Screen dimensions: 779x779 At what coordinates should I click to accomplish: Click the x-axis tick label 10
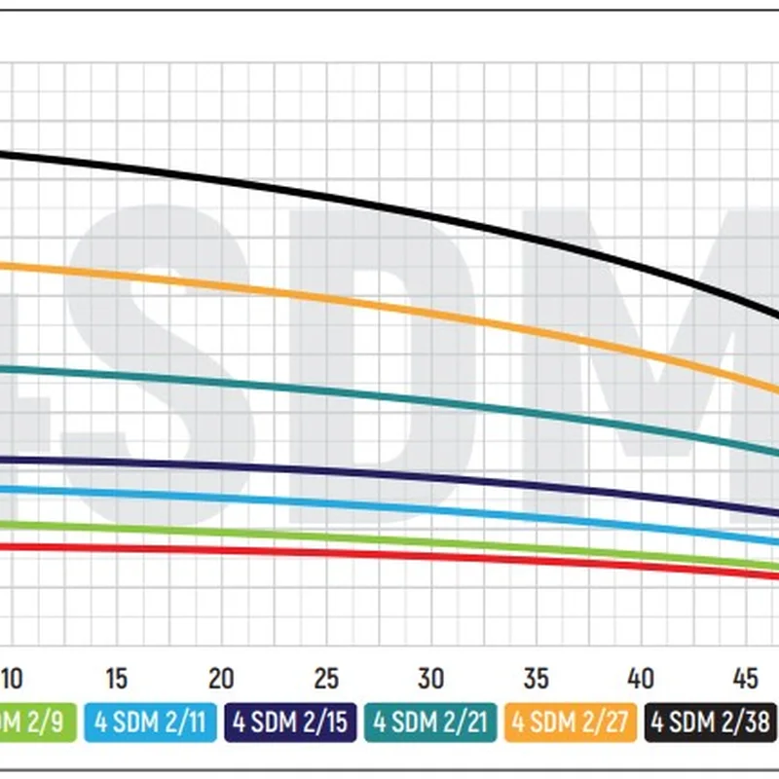12,678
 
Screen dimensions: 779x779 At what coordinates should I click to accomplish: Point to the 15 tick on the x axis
116,678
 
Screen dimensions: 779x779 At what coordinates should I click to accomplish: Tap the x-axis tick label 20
221,678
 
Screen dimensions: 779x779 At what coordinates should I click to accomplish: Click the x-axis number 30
430,678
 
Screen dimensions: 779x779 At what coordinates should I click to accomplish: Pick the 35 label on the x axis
536,678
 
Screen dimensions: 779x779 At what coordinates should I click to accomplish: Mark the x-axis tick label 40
640,678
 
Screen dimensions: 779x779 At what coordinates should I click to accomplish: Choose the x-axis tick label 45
745,678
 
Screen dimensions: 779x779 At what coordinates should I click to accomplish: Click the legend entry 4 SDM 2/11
150,723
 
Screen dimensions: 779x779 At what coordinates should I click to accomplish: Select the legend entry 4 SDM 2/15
290,723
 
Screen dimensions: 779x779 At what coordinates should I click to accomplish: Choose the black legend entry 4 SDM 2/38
712,723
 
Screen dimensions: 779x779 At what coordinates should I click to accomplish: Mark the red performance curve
389,556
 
